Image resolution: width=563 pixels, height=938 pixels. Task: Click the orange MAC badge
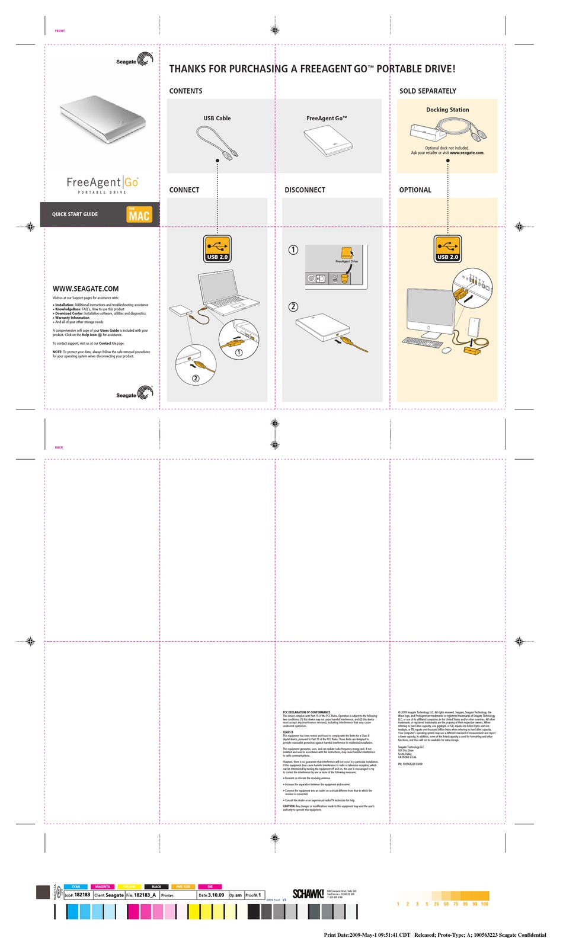click(139, 215)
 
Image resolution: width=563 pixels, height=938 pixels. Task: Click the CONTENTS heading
click(185, 91)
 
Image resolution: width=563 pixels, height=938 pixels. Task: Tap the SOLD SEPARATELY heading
click(427, 91)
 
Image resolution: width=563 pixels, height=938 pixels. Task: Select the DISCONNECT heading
click(305, 190)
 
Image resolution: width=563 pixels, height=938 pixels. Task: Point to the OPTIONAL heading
click(415, 190)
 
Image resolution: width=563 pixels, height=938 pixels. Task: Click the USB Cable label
click(217, 119)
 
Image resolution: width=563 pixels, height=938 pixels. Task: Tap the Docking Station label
click(447, 110)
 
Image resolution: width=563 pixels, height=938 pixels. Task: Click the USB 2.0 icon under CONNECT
click(217, 249)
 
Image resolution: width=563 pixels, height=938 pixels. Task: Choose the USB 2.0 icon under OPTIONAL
click(447, 249)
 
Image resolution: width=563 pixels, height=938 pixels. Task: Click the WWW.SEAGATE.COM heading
click(85, 289)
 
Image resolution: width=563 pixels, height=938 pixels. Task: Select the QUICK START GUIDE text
click(75, 215)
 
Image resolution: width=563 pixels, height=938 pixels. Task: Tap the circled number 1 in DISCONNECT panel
click(293, 250)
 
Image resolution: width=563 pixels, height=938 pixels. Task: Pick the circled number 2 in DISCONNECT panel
click(293, 307)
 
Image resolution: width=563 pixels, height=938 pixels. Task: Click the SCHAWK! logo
click(308, 894)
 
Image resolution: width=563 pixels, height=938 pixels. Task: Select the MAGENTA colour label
click(103, 886)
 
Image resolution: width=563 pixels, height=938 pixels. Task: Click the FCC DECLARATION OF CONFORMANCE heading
click(306, 712)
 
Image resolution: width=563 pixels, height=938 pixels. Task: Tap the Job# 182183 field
click(78, 895)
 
